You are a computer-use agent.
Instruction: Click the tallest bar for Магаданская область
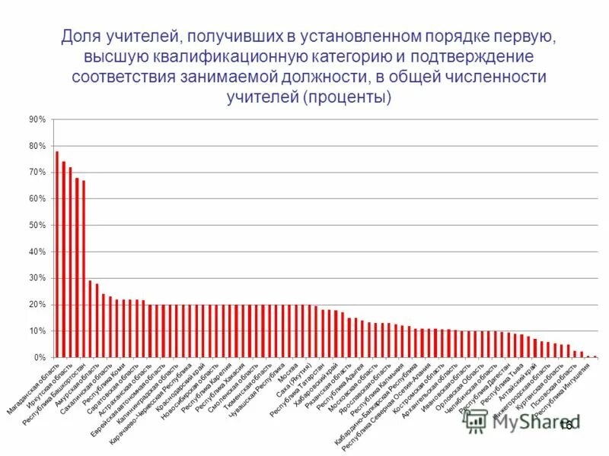[x=57, y=254]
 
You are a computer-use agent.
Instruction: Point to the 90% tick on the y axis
[x=37, y=120]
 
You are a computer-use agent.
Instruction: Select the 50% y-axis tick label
[x=37, y=226]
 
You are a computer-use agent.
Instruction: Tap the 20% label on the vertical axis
[x=37, y=305]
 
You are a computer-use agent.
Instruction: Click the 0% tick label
[x=40, y=357]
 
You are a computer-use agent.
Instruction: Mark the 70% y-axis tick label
[x=37, y=173]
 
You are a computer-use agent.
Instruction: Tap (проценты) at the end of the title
[x=347, y=97]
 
